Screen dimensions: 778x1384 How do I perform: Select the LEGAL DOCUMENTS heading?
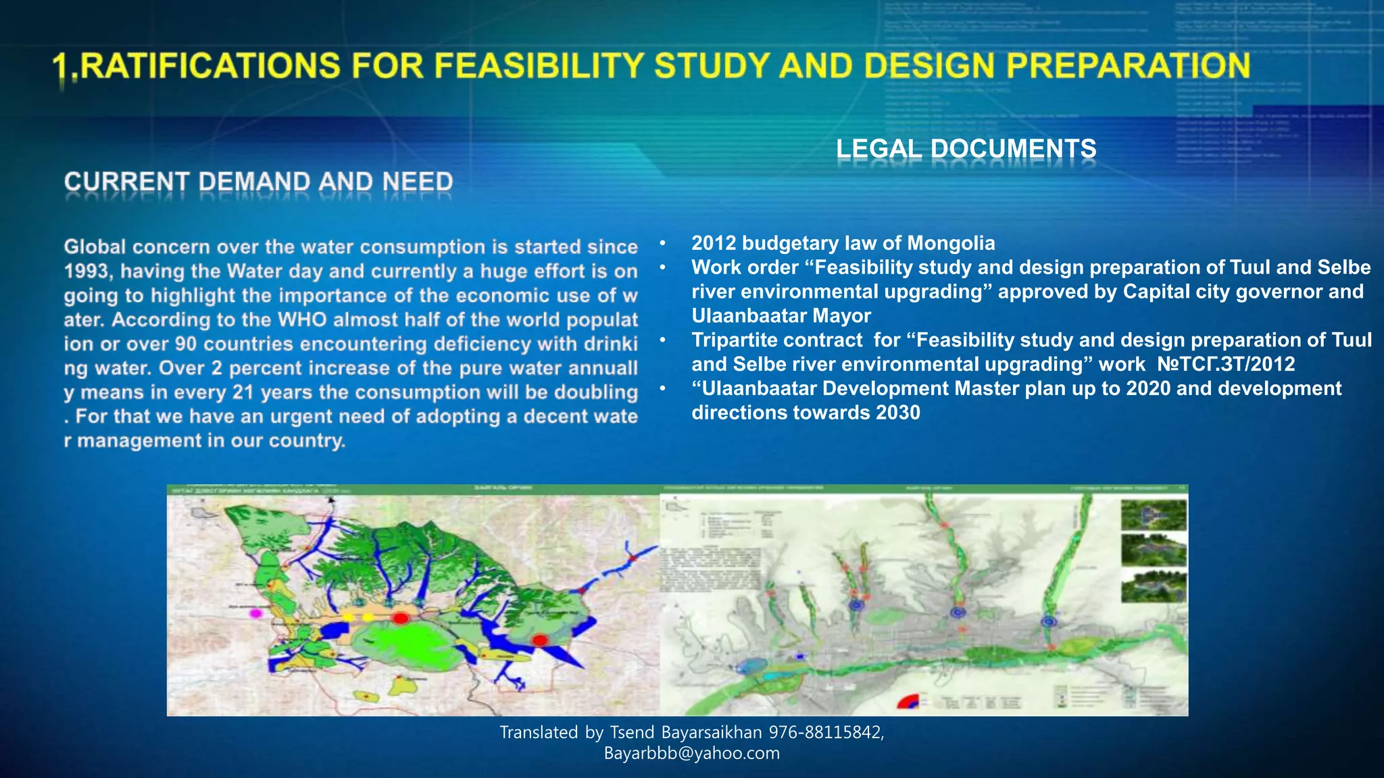click(x=966, y=149)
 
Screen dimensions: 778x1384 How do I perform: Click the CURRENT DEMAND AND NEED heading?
click(x=258, y=182)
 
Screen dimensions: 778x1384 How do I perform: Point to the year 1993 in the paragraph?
click(x=89, y=271)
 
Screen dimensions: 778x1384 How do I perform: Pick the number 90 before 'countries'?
click(x=186, y=344)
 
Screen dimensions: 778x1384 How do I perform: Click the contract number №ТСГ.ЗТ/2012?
click(x=1226, y=365)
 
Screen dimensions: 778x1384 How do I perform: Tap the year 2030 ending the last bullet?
click(x=897, y=413)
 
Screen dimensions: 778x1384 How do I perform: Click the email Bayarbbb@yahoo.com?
click(x=692, y=754)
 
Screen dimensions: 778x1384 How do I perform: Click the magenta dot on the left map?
click(x=255, y=614)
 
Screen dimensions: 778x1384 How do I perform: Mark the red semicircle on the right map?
click(x=907, y=702)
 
